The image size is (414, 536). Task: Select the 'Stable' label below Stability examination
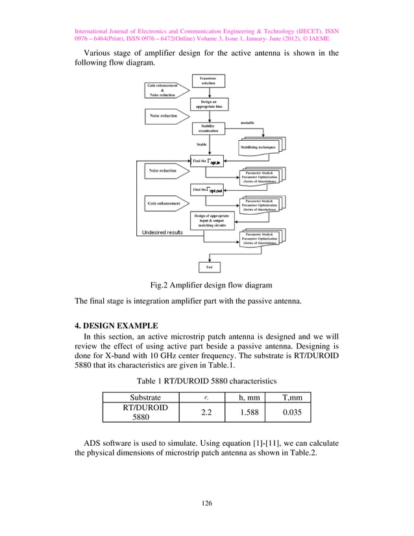click(202, 144)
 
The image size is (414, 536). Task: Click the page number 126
click(207, 503)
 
